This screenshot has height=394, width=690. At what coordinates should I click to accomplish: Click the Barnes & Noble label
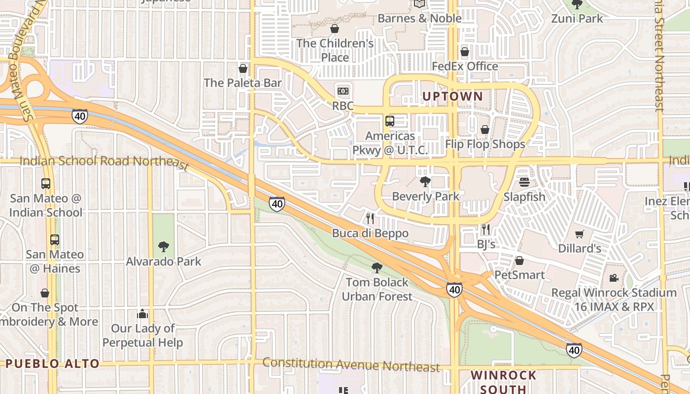tap(419, 19)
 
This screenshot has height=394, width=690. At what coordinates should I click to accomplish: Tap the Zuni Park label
tap(577, 19)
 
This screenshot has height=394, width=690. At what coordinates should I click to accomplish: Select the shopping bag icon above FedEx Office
tap(464, 52)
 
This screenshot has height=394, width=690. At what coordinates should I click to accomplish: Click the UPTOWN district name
tap(452, 96)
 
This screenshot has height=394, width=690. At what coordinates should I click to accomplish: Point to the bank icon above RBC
tap(343, 91)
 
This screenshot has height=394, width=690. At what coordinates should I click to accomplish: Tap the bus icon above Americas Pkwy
tap(390, 121)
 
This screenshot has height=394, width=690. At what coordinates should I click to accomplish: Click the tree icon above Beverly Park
tap(425, 182)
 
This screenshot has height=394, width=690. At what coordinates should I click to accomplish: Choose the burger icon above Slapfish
tap(524, 182)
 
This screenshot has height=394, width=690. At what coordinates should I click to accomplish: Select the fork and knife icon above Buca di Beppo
tap(370, 218)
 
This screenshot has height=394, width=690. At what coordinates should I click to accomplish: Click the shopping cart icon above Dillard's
tap(579, 234)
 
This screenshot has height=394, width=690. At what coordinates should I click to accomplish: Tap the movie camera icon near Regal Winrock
tap(614, 278)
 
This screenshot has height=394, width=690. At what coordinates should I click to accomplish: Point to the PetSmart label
tap(519, 275)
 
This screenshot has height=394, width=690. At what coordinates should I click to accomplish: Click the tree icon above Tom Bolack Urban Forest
tap(377, 268)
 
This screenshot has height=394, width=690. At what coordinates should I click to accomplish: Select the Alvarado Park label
tap(164, 261)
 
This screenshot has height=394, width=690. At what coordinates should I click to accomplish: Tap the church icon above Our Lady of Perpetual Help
tap(142, 314)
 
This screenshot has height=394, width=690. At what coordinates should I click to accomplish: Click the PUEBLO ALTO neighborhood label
tap(52, 364)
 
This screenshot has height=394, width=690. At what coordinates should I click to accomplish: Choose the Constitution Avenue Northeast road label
tap(350, 365)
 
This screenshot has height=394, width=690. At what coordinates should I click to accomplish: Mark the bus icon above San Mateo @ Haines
tap(55, 240)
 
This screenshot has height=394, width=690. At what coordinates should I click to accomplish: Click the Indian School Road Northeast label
tap(103, 162)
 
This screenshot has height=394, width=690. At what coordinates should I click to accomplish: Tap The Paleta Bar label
tap(243, 83)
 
